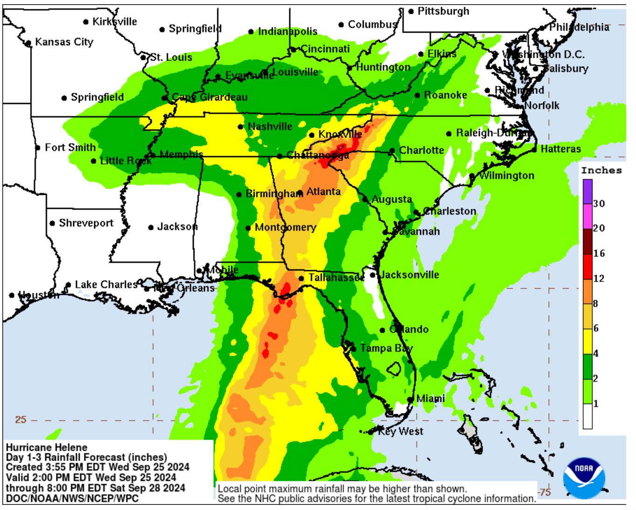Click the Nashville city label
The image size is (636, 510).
pyautogui.click(x=270, y=126)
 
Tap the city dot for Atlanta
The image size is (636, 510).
pyautogui.click(x=300, y=193)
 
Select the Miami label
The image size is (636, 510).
pyautogui.click(x=430, y=399)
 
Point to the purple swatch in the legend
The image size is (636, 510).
pyautogui.click(x=588, y=192)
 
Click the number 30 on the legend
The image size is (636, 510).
pyautogui.click(x=599, y=203)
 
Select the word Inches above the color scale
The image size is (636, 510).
pyautogui.click(x=601, y=170)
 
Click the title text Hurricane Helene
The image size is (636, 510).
pyautogui.click(x=47, y=447)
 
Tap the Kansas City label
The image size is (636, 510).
pyautogui.click(x=64, y=42)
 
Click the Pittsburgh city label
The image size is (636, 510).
pyautogui.click(x=443, y=11)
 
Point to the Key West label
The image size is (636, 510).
pyautogui.click(x=401, y=431)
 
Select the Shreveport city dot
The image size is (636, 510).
pyautogui.click(x=52, y=223)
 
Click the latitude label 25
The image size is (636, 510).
pyautogui.click(x=21, y=419)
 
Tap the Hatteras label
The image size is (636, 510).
pyautogui.click(x=560, y=149)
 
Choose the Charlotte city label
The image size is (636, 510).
pyautogui.click(x=422, y=150)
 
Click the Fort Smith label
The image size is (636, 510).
pyautogui.click(x=70, y=147)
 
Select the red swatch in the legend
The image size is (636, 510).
pyautogui.click(x=588, y=267)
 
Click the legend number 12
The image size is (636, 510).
pyautogui.click(x=599, y=278)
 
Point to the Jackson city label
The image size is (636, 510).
pyautogui.click(x=177, y=227)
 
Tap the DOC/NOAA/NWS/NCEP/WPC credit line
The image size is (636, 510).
pyautogui.click(x=72, y=498)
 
